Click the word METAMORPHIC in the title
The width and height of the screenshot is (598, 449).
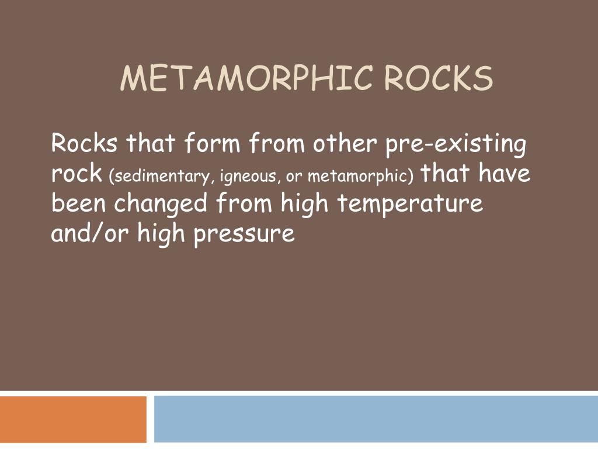pyautogui.click(x=246, y=79)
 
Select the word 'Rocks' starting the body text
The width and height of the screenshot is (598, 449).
pyautogui.click(x=84, y=143)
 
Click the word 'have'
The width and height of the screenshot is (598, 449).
pyautogui.click(x=505, y=173)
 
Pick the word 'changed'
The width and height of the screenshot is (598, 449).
pyautogui.click(x=161, y=205)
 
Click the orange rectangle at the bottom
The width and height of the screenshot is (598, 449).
pyautogui.click(x=73, y=419)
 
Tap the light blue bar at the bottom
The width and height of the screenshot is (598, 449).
pyautogui.click(x=376, y=419)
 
